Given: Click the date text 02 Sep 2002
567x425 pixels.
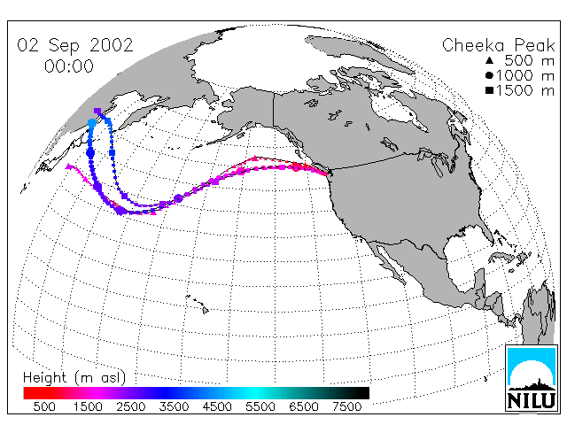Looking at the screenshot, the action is [x=75, y=45].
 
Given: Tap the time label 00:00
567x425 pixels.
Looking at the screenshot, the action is [x=69, y=66].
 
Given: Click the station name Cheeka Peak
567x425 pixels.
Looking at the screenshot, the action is [x=498, y=45].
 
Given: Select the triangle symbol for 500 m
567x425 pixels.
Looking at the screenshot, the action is [x=490, y=60].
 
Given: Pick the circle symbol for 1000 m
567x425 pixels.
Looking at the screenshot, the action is [x=490, y=75].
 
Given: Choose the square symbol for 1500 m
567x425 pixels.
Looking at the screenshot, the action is [x=490, y=90].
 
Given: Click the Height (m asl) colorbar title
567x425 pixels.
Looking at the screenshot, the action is [x=74, y=378].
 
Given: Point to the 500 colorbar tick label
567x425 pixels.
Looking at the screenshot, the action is [x=44, y=406].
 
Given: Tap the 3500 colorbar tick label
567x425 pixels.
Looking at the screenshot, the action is [x=174, y=406].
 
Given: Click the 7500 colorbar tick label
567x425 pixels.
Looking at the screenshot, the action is [x=346, y=406].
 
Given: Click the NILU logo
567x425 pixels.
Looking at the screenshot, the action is [x=532, y=379].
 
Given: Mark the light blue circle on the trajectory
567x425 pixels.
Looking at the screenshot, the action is [x=92, y=123].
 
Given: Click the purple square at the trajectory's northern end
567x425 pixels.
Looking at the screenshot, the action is [x=97, y=111].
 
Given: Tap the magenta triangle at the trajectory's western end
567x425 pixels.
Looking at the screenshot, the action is [x=69, y=166].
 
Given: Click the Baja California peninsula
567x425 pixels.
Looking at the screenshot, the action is [x=390, y=263].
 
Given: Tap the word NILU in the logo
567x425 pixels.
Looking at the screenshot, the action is [x=532, y=401].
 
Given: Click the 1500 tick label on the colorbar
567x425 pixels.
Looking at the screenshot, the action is [x=88, y=406].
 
